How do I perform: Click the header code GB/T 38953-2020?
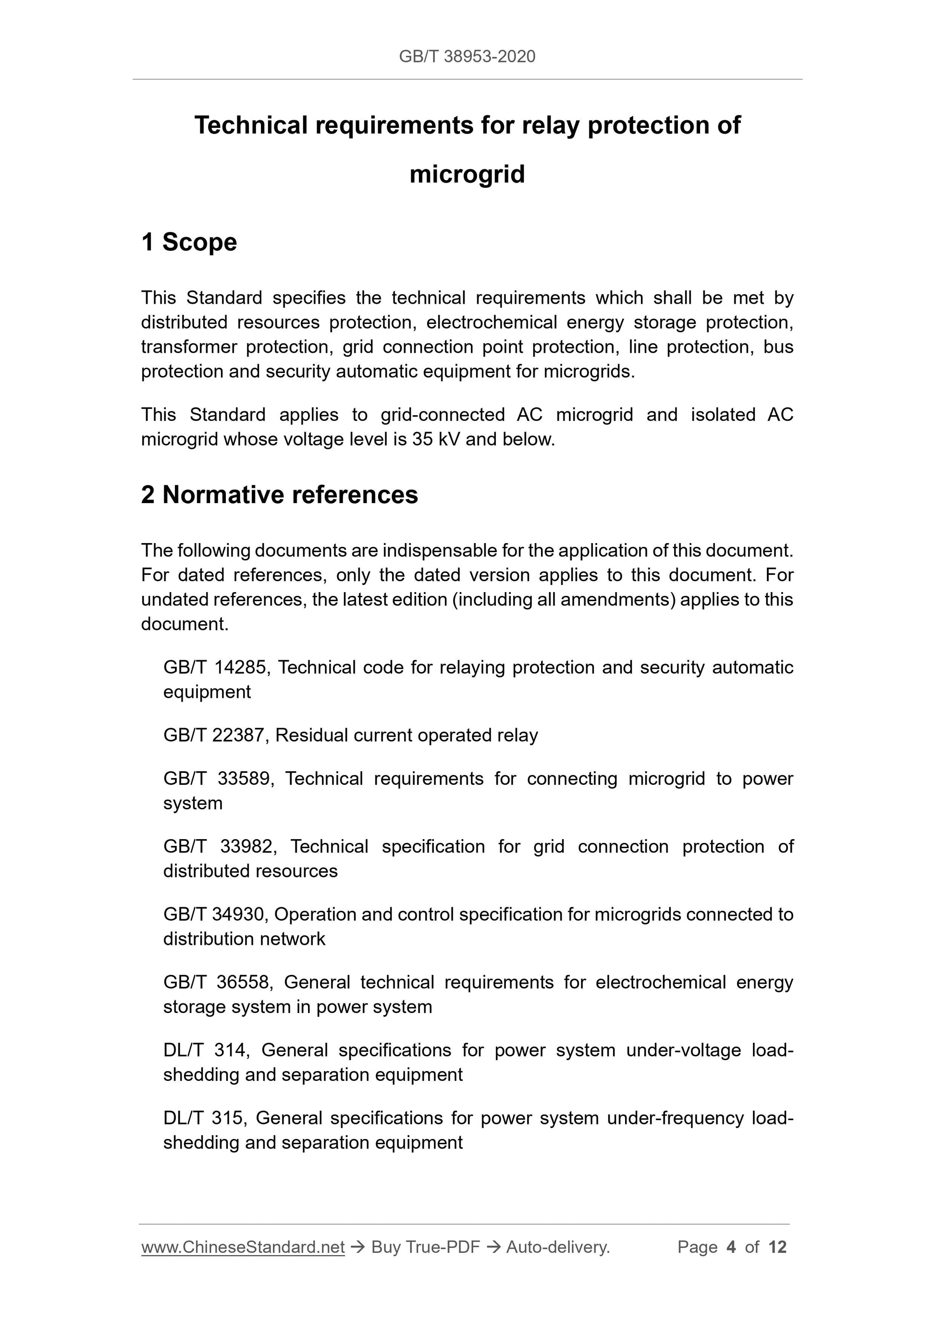tap(467, 57)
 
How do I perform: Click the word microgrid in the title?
tap(467, 174)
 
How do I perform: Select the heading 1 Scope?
tap(189, 242)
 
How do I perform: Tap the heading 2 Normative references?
tap(280, 495)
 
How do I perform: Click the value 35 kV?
tap(435, 440)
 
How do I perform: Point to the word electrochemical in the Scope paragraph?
tap(491, 322)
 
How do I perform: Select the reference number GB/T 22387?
tap(214, 735)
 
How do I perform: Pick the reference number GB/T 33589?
tap(216, 779)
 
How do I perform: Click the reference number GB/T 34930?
tap(214, 915)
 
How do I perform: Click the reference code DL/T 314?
tap(205, 1050)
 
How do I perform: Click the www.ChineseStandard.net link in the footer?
tap(243, 1247)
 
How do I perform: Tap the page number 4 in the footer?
tap(731, 1247)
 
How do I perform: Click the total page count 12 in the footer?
tap(777, 1247)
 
